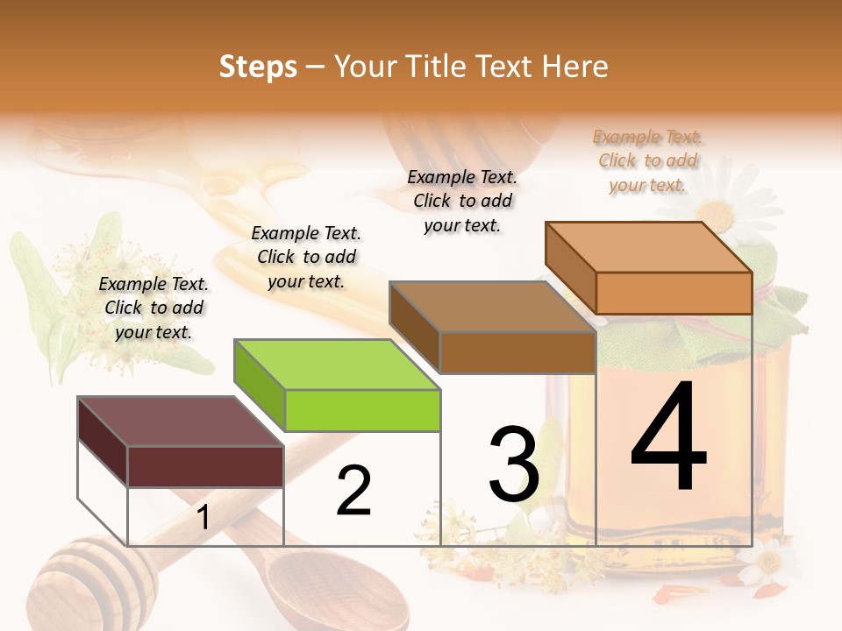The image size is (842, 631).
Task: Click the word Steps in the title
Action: pyautogui.click(x=258, y=67)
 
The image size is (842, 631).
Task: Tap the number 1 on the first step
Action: pyautogui.click(x=203, y=517)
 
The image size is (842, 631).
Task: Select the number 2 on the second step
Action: pyautogui.click(x=353, y=491)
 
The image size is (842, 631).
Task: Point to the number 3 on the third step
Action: pyautogui.click(x=514, y=464)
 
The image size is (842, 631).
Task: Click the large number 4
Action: pyautogui.click(x=669, y=437)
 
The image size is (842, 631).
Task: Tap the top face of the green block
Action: pyautogui.click(x=337, y=364)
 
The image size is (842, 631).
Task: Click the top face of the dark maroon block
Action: pyautogui.click(x=181, y=422)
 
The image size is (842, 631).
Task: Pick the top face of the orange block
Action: pyautogui.click(x=649, y=247)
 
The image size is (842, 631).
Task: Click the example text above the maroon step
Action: pyautogui.click(x=153, y=308)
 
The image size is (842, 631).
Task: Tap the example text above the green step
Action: pyautogui.click(x=306, y=257)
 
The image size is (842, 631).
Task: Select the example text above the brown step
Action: pyautogui.click(x=462, y=201)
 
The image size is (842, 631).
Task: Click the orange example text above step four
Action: pyautogui.click(x=647, y=160)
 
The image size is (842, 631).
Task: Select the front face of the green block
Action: pyautogui.click(x=362, y=410)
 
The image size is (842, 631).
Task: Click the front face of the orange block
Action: pyautogui.click(x=674, y=293)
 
